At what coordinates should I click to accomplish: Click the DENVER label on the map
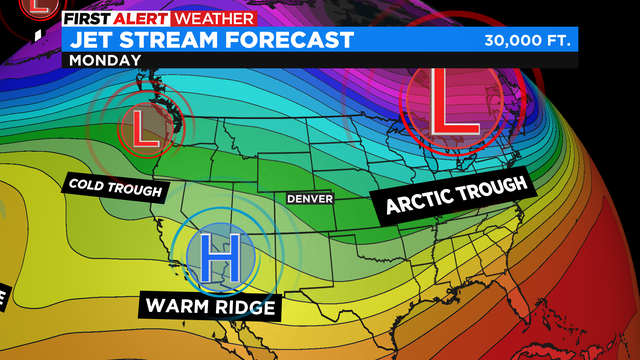pos(309,198)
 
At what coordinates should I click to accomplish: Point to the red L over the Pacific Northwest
pos(146,129)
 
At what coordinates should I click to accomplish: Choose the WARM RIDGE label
pos(210,306)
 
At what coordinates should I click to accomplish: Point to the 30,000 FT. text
pos(526,41)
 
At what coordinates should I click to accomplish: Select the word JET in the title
pos(96,39)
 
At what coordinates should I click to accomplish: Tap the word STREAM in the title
pos(174,39)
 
